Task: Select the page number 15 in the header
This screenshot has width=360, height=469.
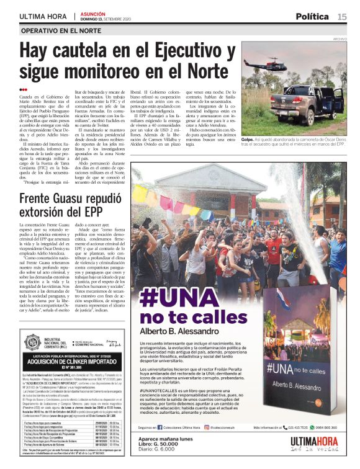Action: (342, 16)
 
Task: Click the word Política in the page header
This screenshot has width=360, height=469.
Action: (312, 16)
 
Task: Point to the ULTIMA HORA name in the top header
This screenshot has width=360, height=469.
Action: (43, 16)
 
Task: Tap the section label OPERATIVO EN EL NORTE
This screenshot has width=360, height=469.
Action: (60, 30)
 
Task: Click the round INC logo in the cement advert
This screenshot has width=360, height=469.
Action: (32, 341)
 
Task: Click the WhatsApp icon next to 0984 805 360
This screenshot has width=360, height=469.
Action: (310, 427)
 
